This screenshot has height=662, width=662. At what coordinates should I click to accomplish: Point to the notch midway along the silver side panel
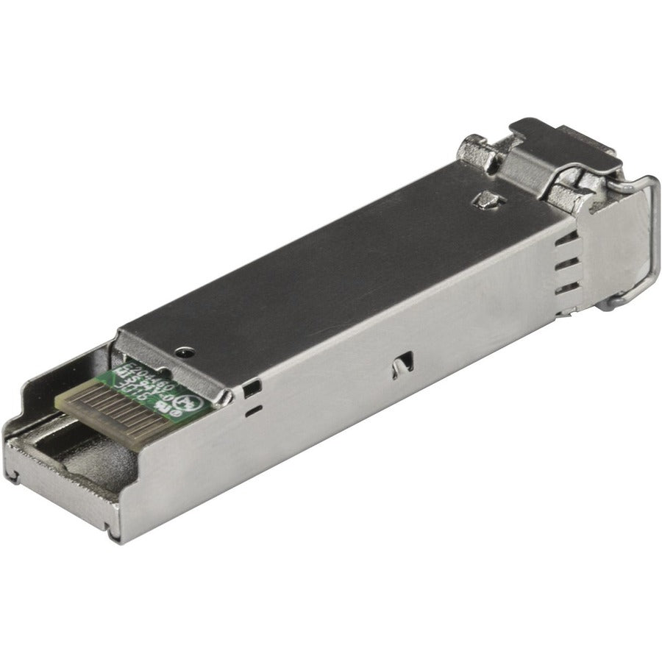tap(402, 362)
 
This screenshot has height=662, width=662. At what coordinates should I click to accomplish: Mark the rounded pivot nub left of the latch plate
tap(474, 151)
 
